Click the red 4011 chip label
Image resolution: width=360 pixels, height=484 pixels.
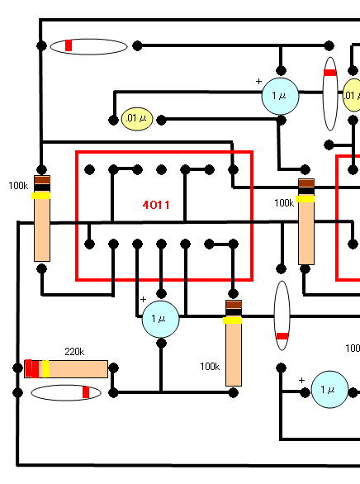click(156, 205)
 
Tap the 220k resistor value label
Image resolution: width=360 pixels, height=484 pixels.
click(74, 352)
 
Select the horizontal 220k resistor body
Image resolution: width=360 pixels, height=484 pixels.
click(66, 369)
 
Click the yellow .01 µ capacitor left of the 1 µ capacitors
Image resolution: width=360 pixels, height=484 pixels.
click(137, 119)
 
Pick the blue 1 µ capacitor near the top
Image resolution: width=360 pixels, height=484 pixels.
click(280, 96)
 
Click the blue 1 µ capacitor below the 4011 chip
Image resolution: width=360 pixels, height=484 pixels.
click(160, 319)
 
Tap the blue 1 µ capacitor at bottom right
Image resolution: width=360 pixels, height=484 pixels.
click(329, 390)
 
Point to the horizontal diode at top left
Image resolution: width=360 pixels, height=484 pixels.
click(89, 46)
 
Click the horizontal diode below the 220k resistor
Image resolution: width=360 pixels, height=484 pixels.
click(66, 392)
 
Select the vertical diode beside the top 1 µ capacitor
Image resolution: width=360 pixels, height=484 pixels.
click(330, 93)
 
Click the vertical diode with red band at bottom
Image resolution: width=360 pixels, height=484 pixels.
click(282, 316)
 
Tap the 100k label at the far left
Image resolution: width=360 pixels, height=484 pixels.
click(18, 186)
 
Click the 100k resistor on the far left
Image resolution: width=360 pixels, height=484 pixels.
click(42, 218)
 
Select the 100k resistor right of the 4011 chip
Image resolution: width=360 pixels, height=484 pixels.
click(306, 221)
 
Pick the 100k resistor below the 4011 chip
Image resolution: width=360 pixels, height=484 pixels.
click(234, 343)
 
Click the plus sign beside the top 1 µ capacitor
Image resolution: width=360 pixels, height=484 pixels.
click(258, 81)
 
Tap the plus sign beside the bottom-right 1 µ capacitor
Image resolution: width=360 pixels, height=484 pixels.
click(301, 380)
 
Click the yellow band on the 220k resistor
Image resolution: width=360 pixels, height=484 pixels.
click(45, 369)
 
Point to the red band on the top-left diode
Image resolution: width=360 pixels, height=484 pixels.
click(69, 45)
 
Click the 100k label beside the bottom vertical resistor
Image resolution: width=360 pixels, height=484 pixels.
click(210, 367)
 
